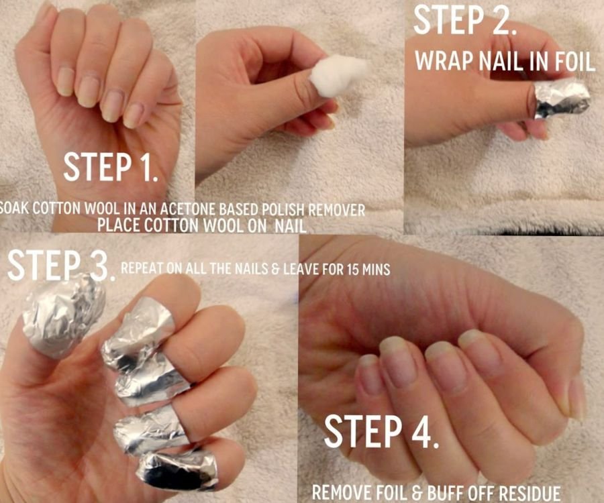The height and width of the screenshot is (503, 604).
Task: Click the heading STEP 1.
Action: click(x=111, y=168)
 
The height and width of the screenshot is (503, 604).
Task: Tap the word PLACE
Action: click(x=119, y=225)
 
